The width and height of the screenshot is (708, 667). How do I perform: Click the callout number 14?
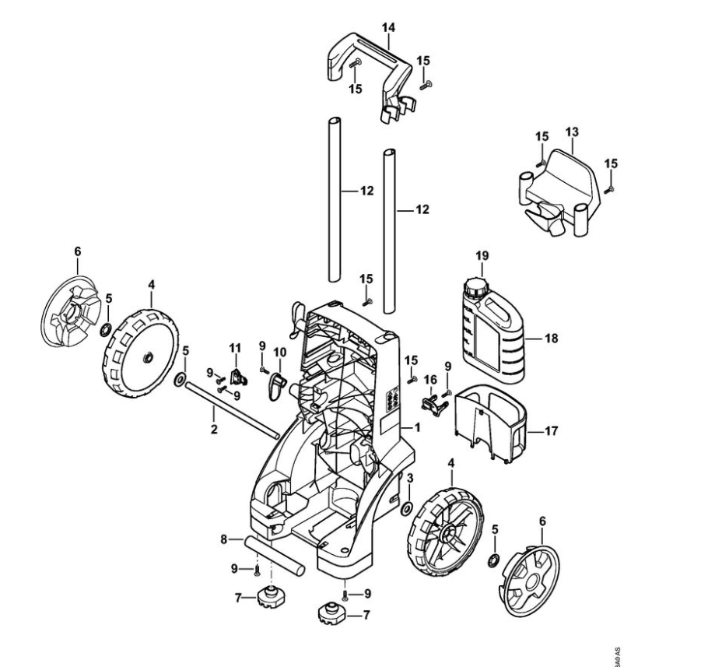tap(388, 27)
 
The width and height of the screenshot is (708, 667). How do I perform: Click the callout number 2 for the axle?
tap(214, 427)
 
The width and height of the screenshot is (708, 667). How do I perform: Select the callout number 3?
tap(410, 476)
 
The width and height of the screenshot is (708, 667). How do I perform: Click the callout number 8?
tap(224, 538)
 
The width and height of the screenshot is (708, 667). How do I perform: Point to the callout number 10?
tap(279, 353)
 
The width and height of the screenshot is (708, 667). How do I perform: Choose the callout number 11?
tap(235, 346)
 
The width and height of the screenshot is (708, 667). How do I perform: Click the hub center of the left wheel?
tap(147, 356)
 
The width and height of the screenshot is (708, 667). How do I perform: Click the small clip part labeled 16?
tap(429, 402)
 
